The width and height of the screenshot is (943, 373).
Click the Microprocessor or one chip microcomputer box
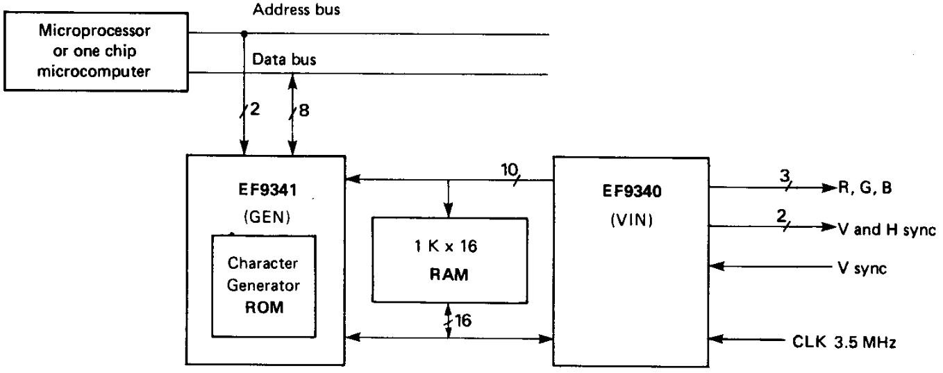point(94,52)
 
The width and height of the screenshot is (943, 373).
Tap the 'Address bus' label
point(297,10)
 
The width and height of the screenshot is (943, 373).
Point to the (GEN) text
point(265,217)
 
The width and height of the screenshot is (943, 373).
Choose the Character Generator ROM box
point(263,286)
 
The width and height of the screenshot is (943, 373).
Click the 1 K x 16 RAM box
point(449,259)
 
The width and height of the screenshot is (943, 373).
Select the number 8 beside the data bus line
point(304,111)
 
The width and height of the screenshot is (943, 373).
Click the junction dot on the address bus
point(244,34)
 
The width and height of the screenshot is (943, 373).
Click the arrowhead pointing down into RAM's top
point(449,212)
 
